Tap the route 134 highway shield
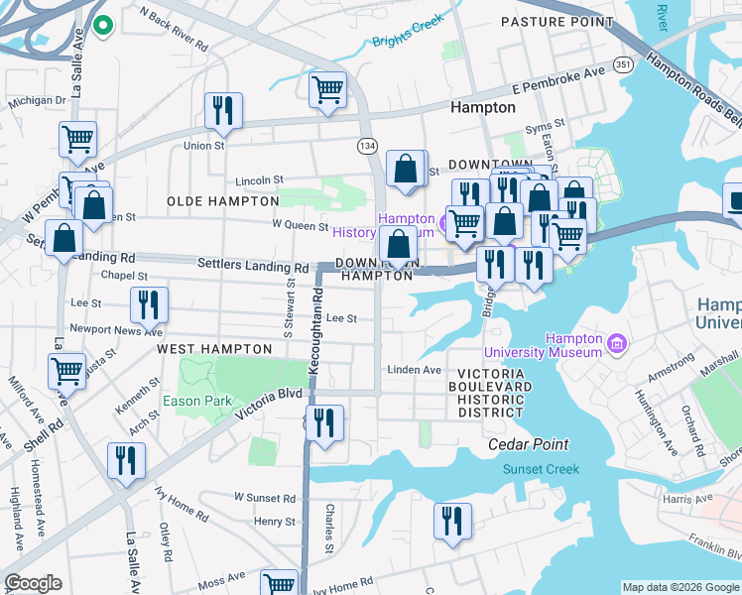[367, 146]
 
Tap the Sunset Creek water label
[541, 469]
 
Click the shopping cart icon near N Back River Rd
[327, 90]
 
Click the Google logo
[33, 583]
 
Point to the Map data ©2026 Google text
[680, 587]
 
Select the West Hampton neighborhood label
[214, 349]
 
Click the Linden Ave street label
[414, 370]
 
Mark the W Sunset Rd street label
[265, 498]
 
